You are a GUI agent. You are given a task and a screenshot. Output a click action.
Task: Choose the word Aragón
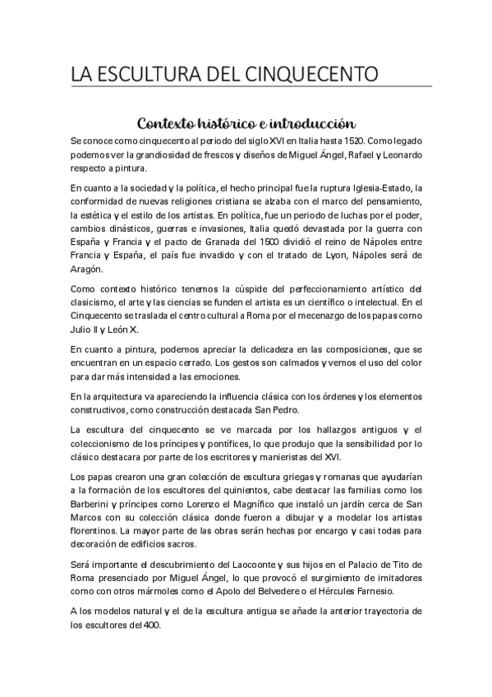pyautogui.click(x=86, y=269)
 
